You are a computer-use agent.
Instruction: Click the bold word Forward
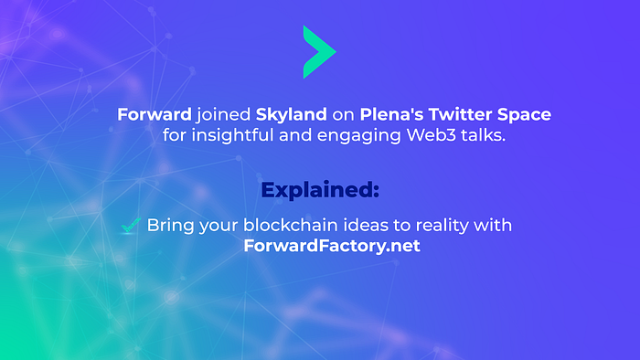pyautogui.click(x=155, y=114)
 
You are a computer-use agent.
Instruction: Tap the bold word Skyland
pyautogui.click(x=291, y=115)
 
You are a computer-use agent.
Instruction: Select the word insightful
pyautogui.click(x=232, y=136)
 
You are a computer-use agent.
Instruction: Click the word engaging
pyautogui.click(x=359, y=136)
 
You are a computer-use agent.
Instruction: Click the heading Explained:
pyautogui.click(x=320, y=190)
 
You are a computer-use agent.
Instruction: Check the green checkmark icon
pyautogui.click(x=131, y=226)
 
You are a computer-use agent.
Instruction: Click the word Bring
pyautogui.click(x=171, y=226)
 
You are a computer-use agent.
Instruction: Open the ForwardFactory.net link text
pyautogui.click(x=332, y=246)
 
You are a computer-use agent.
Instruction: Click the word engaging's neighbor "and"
pyautogui.click(x=295, y=135)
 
